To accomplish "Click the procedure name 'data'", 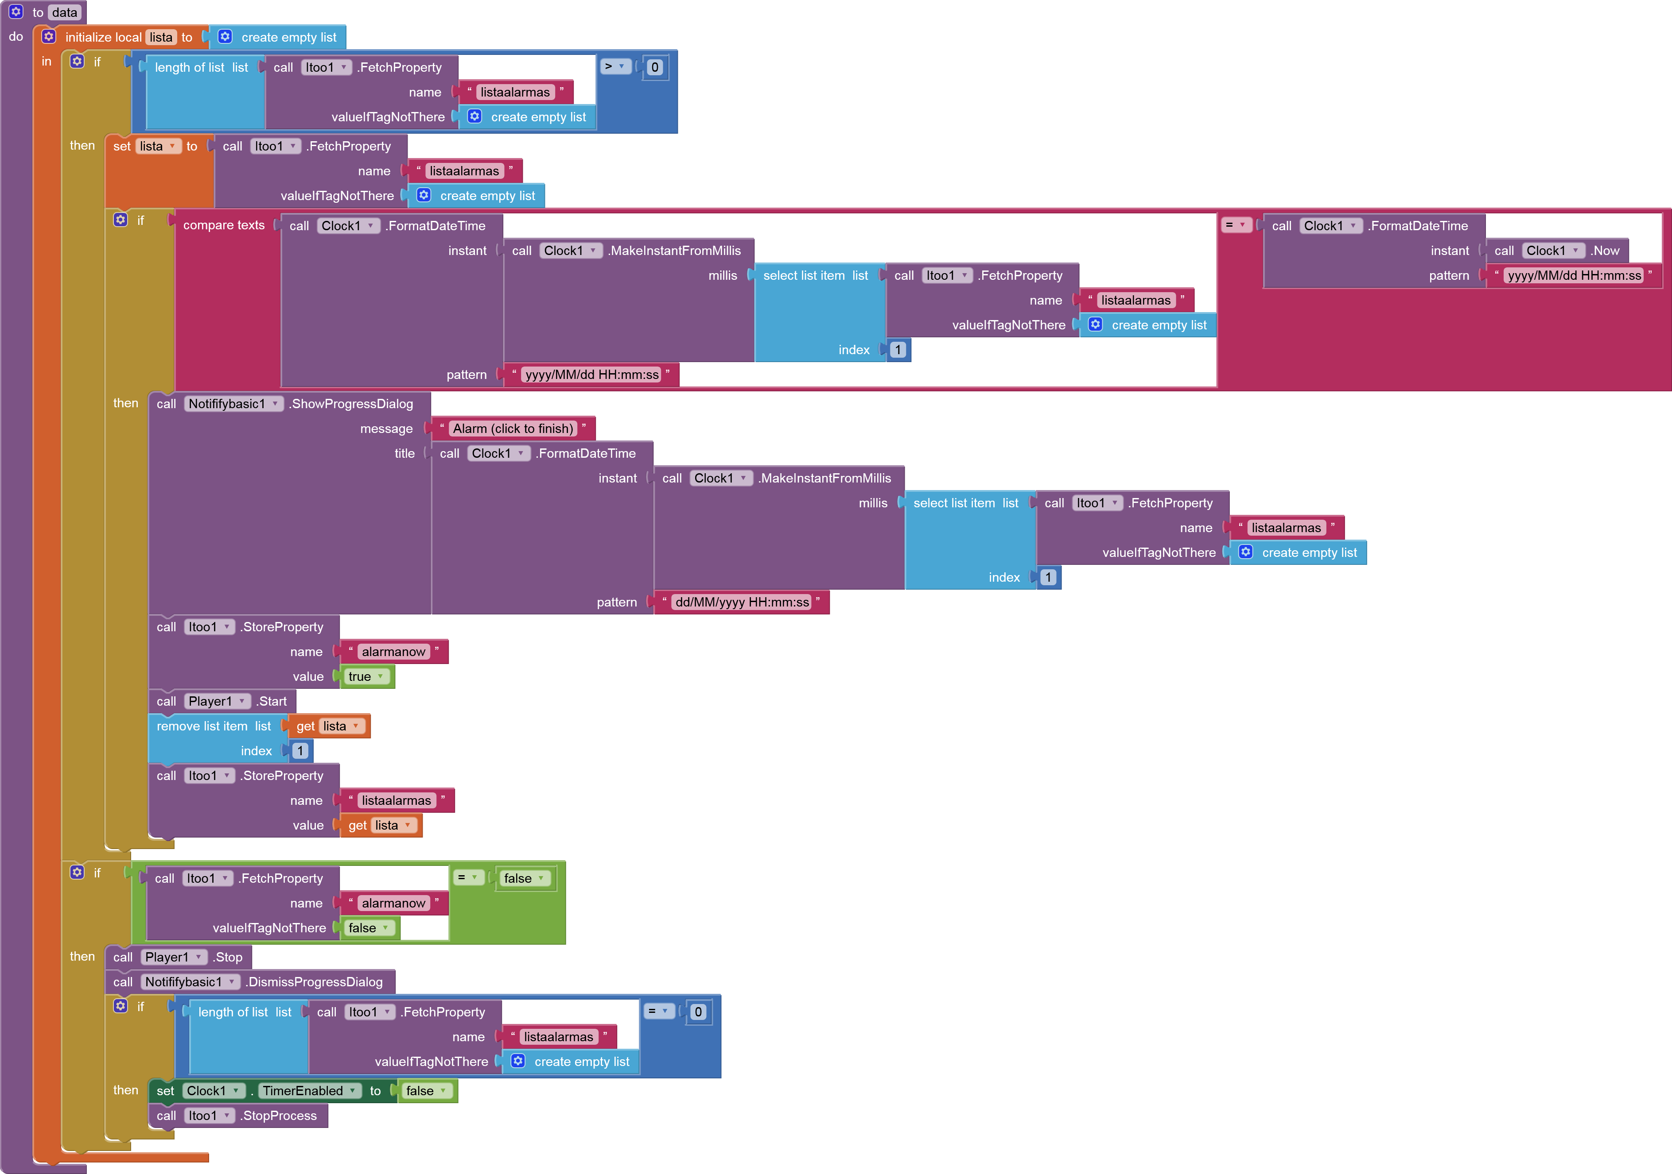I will pyautogui.click(x=64, y=12).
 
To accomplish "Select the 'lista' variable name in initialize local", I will pyautogui.click(x=161, y=37).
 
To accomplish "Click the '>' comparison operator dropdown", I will pyautogui.click(x=614, y=67).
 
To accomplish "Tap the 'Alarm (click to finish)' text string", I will pyautogui.click(x=513, y=429).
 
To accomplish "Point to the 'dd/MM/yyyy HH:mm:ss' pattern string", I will pyautogui.click(x=741, y=602).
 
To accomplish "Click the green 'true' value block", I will pyautogui.click(x=364, y=676).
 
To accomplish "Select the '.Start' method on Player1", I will pyautogui.click(x=272, y=701).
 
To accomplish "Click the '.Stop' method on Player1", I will pyautogui.click(x=228, y=957).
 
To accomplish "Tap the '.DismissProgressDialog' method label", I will pyautogui.click(x=315, y=982).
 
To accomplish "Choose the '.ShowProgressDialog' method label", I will pyautogui.click(x=352, y=404).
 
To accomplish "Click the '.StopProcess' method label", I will pyautogui.click(x=279, y=1115).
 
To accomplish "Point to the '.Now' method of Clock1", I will pyautogui.click(x=1605, y=251).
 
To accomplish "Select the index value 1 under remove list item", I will pyautogui.click(x=300, y=750).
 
